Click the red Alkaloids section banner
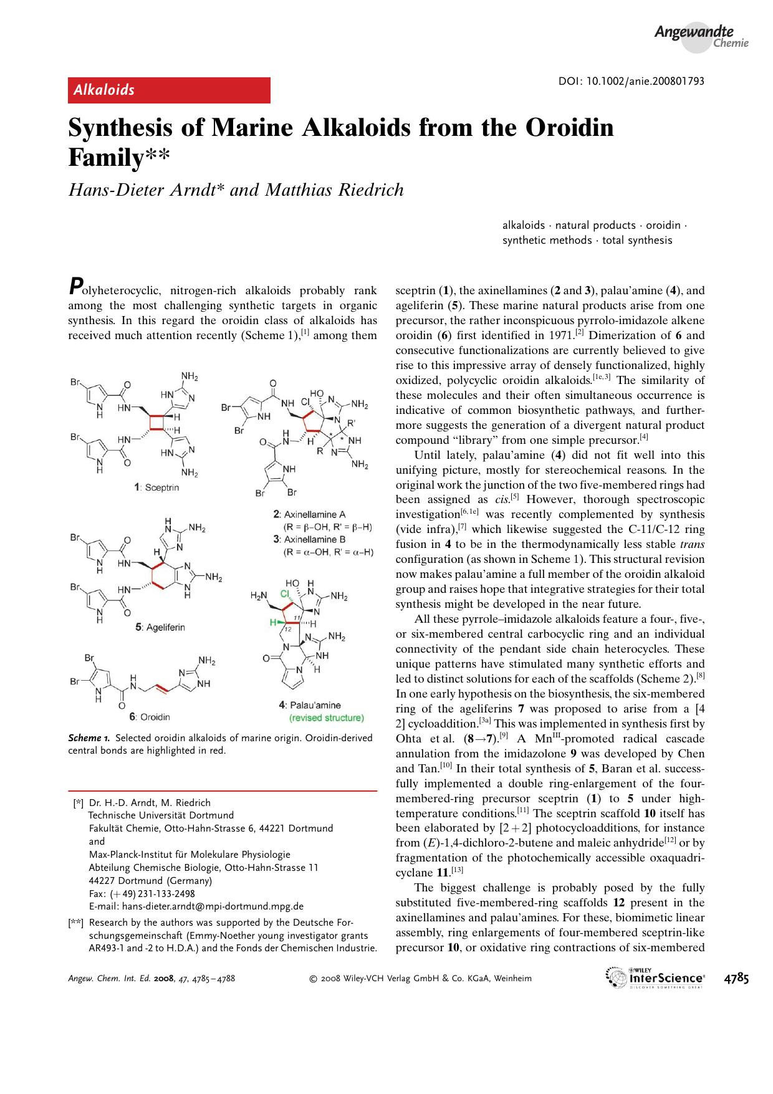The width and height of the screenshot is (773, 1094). click(x=169, y=90)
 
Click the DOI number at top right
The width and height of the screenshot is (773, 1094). click(x=630, y=82)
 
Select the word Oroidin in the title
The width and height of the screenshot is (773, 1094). click(x=559, y=128)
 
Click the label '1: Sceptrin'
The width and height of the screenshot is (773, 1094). click(x=156, y=487)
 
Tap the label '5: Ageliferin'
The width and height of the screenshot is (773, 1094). click(x=160, y=626)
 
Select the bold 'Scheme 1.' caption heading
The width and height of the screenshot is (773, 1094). click(x=90, y=738)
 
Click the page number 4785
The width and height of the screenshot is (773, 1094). click(x=736, y=978)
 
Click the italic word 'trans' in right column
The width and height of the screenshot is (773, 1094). click(x=693, y=544)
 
